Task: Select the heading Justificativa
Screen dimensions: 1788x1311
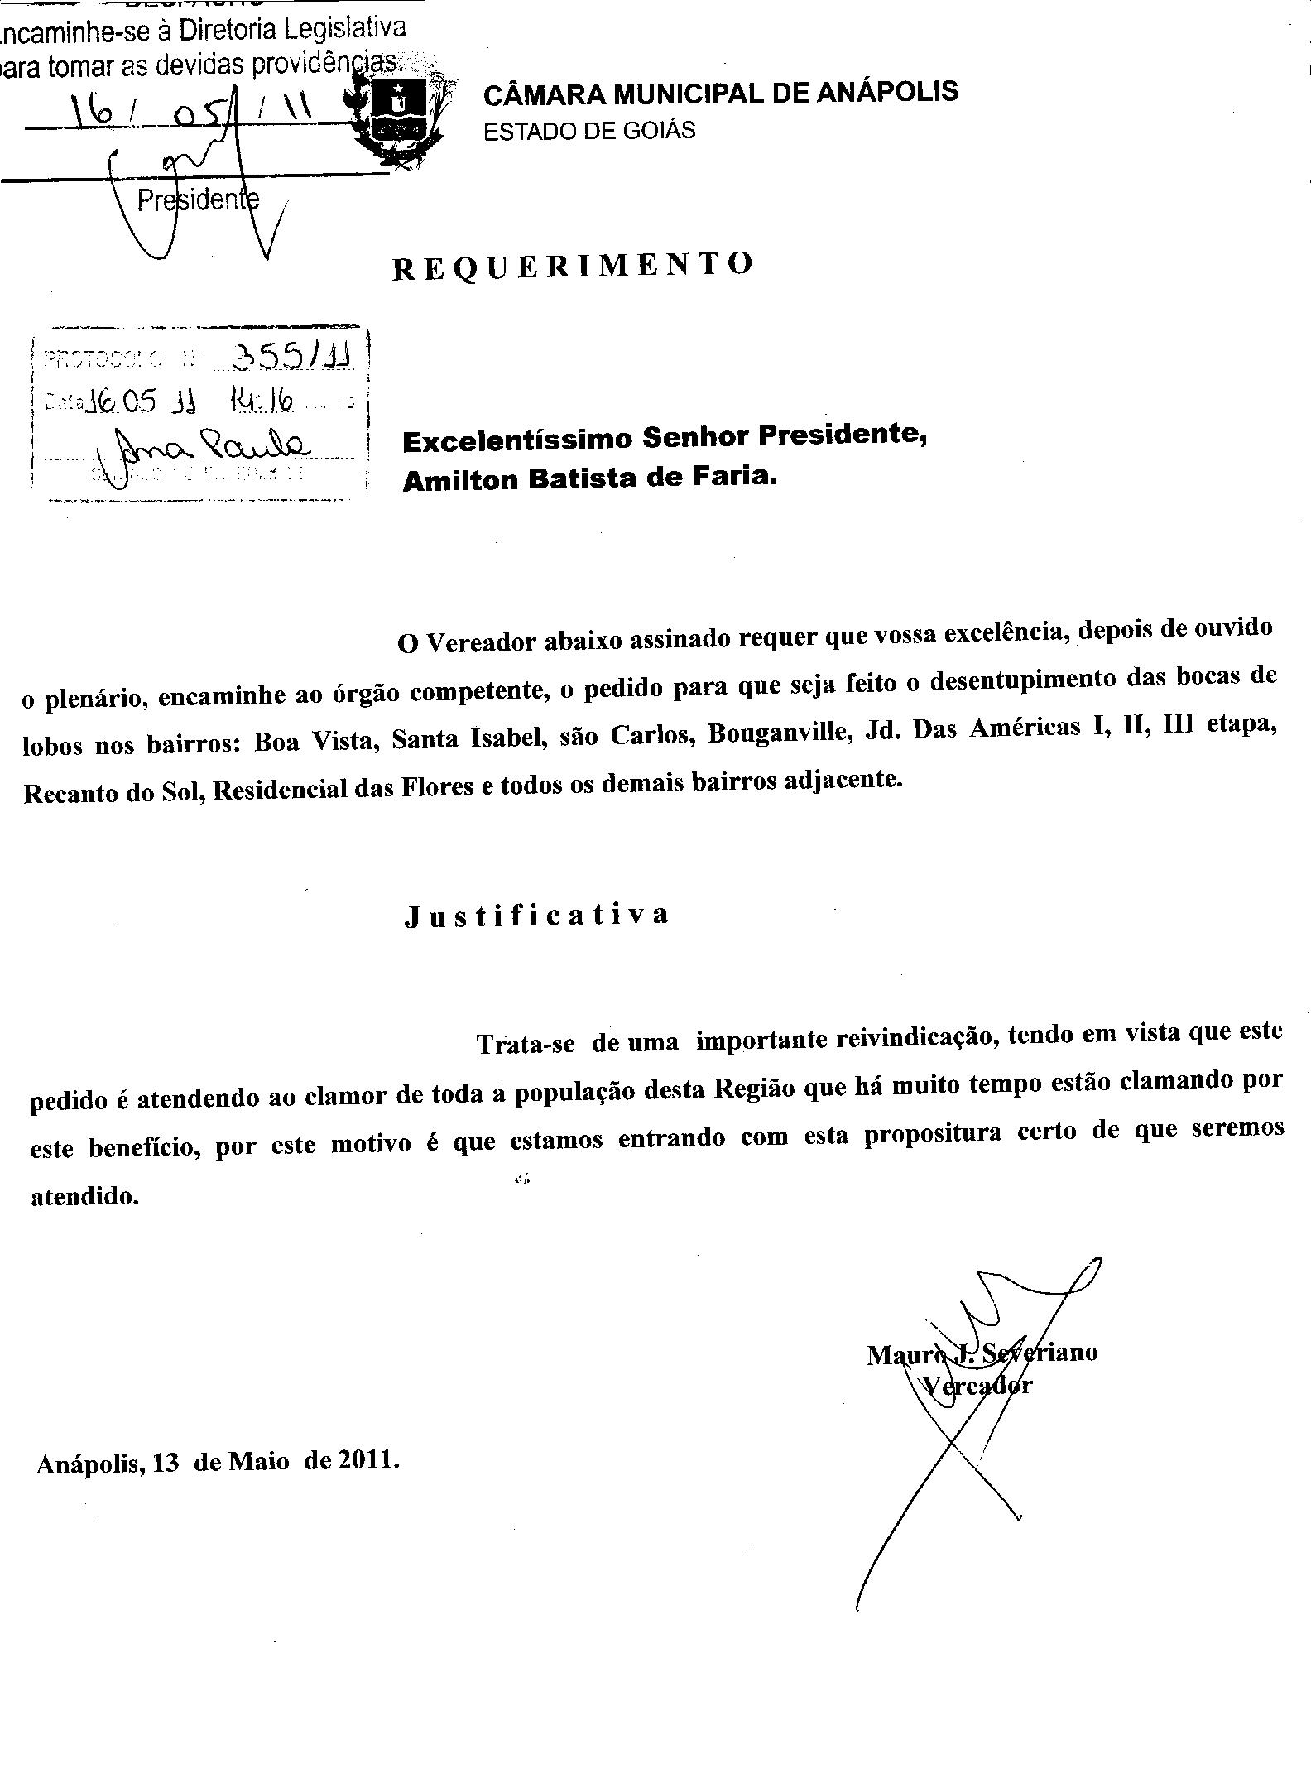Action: [x=536, y=915]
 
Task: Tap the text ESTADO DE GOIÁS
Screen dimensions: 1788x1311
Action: [x=589, y=131]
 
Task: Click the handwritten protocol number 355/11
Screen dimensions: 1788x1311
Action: [x=292, y=356]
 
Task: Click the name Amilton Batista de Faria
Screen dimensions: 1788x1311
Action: [x=590, y=478]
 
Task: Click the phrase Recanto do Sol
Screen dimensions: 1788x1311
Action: [x=113, y=792]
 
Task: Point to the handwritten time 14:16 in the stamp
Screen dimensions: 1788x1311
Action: [x=262, y=402]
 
